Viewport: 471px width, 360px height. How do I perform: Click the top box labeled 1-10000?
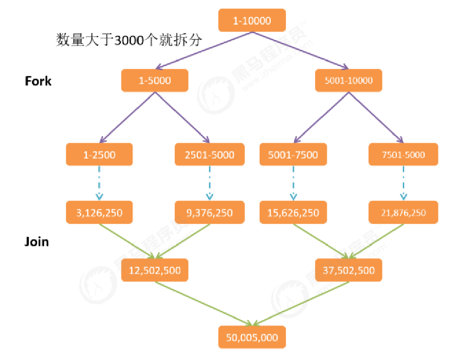[x=252, y=20]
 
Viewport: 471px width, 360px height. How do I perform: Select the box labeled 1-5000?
[x=154, y=81]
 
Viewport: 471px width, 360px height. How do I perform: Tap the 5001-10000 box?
[x=348, y=81]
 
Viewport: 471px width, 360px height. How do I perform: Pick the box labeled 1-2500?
[x=100, y=154]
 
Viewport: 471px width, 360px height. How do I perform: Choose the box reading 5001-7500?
[x=293, y=154]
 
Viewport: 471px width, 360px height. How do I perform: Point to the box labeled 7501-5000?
[x=403, y=154]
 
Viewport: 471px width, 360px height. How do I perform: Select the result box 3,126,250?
[x=100, y=213]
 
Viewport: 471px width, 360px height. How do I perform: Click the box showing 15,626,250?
[x=293, y=213]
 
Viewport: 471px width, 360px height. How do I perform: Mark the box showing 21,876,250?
[x=403, y=213]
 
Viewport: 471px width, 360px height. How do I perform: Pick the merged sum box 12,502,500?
[x=154, y=270]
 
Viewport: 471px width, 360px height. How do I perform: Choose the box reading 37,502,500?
[x=348, y=270]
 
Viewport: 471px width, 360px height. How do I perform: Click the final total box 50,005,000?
[x=252, y=337]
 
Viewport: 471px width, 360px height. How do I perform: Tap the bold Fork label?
[x=38, y=81]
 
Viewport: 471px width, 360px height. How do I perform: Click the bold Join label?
[x=37, y=241]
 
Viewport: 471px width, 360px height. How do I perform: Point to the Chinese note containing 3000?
[x=129, y=40]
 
